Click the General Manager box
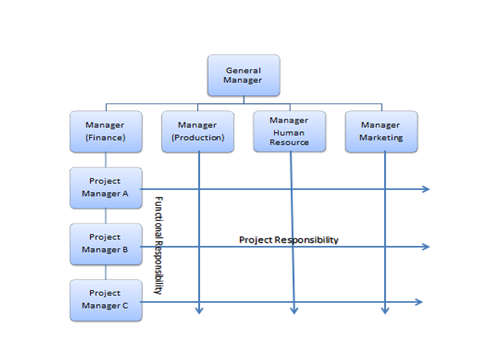pos(243,75)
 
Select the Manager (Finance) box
pos(106,131)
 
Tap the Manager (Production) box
pos(197,131)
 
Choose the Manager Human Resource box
pos(289,131)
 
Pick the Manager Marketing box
pos(381,131)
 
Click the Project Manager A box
pos(106,188)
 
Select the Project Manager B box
pos(106,244)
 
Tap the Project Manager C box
pos(106,300)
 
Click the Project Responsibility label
pos(289,240)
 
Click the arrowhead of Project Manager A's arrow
pos(426,188)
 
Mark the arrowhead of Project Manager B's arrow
pos(426,246)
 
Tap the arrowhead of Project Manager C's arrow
pos(419,301)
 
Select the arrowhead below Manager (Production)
pos(199,311)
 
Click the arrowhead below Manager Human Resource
pos(294,311)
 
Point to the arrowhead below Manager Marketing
pos(385,311)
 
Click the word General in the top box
pos(243,70)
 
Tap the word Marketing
pos(381,138)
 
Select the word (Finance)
pos(106,138)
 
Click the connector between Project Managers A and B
pos(106,216)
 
